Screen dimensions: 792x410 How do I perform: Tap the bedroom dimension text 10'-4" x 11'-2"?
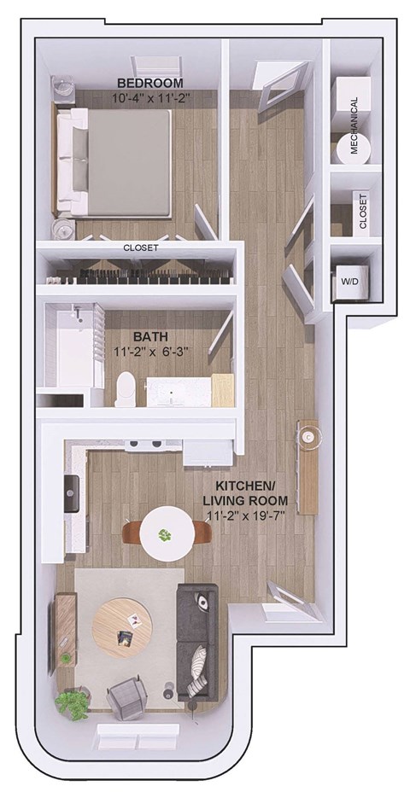pos(150,98)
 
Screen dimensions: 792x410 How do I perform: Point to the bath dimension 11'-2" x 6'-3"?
pos(150,352)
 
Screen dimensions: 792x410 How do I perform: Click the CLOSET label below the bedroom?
pos(141,248)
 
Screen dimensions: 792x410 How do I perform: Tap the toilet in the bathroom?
pos(126,388)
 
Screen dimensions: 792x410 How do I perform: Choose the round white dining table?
pos(165,534)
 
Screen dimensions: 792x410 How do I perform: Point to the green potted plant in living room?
pos(72,704)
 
